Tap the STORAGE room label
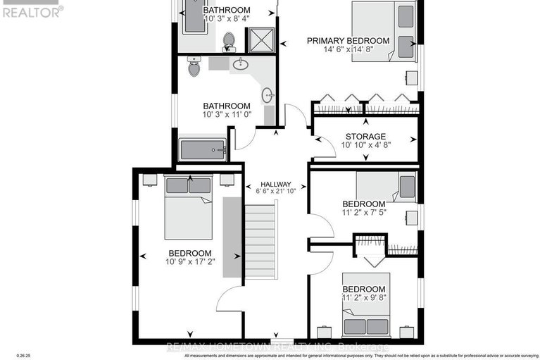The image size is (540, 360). pos(365,136)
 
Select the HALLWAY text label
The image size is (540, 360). pos(274,184)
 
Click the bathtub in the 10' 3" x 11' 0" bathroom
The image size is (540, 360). pos(203,149)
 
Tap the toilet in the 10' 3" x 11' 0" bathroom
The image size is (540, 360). pos(194,68)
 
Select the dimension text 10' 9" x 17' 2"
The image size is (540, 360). pos(189,263)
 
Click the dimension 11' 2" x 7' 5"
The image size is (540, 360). pos(365,211)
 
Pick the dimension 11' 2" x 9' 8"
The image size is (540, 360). pos(364,299)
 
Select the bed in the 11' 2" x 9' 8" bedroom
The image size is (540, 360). pos(368,304)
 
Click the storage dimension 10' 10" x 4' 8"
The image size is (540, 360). pos(365,145)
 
